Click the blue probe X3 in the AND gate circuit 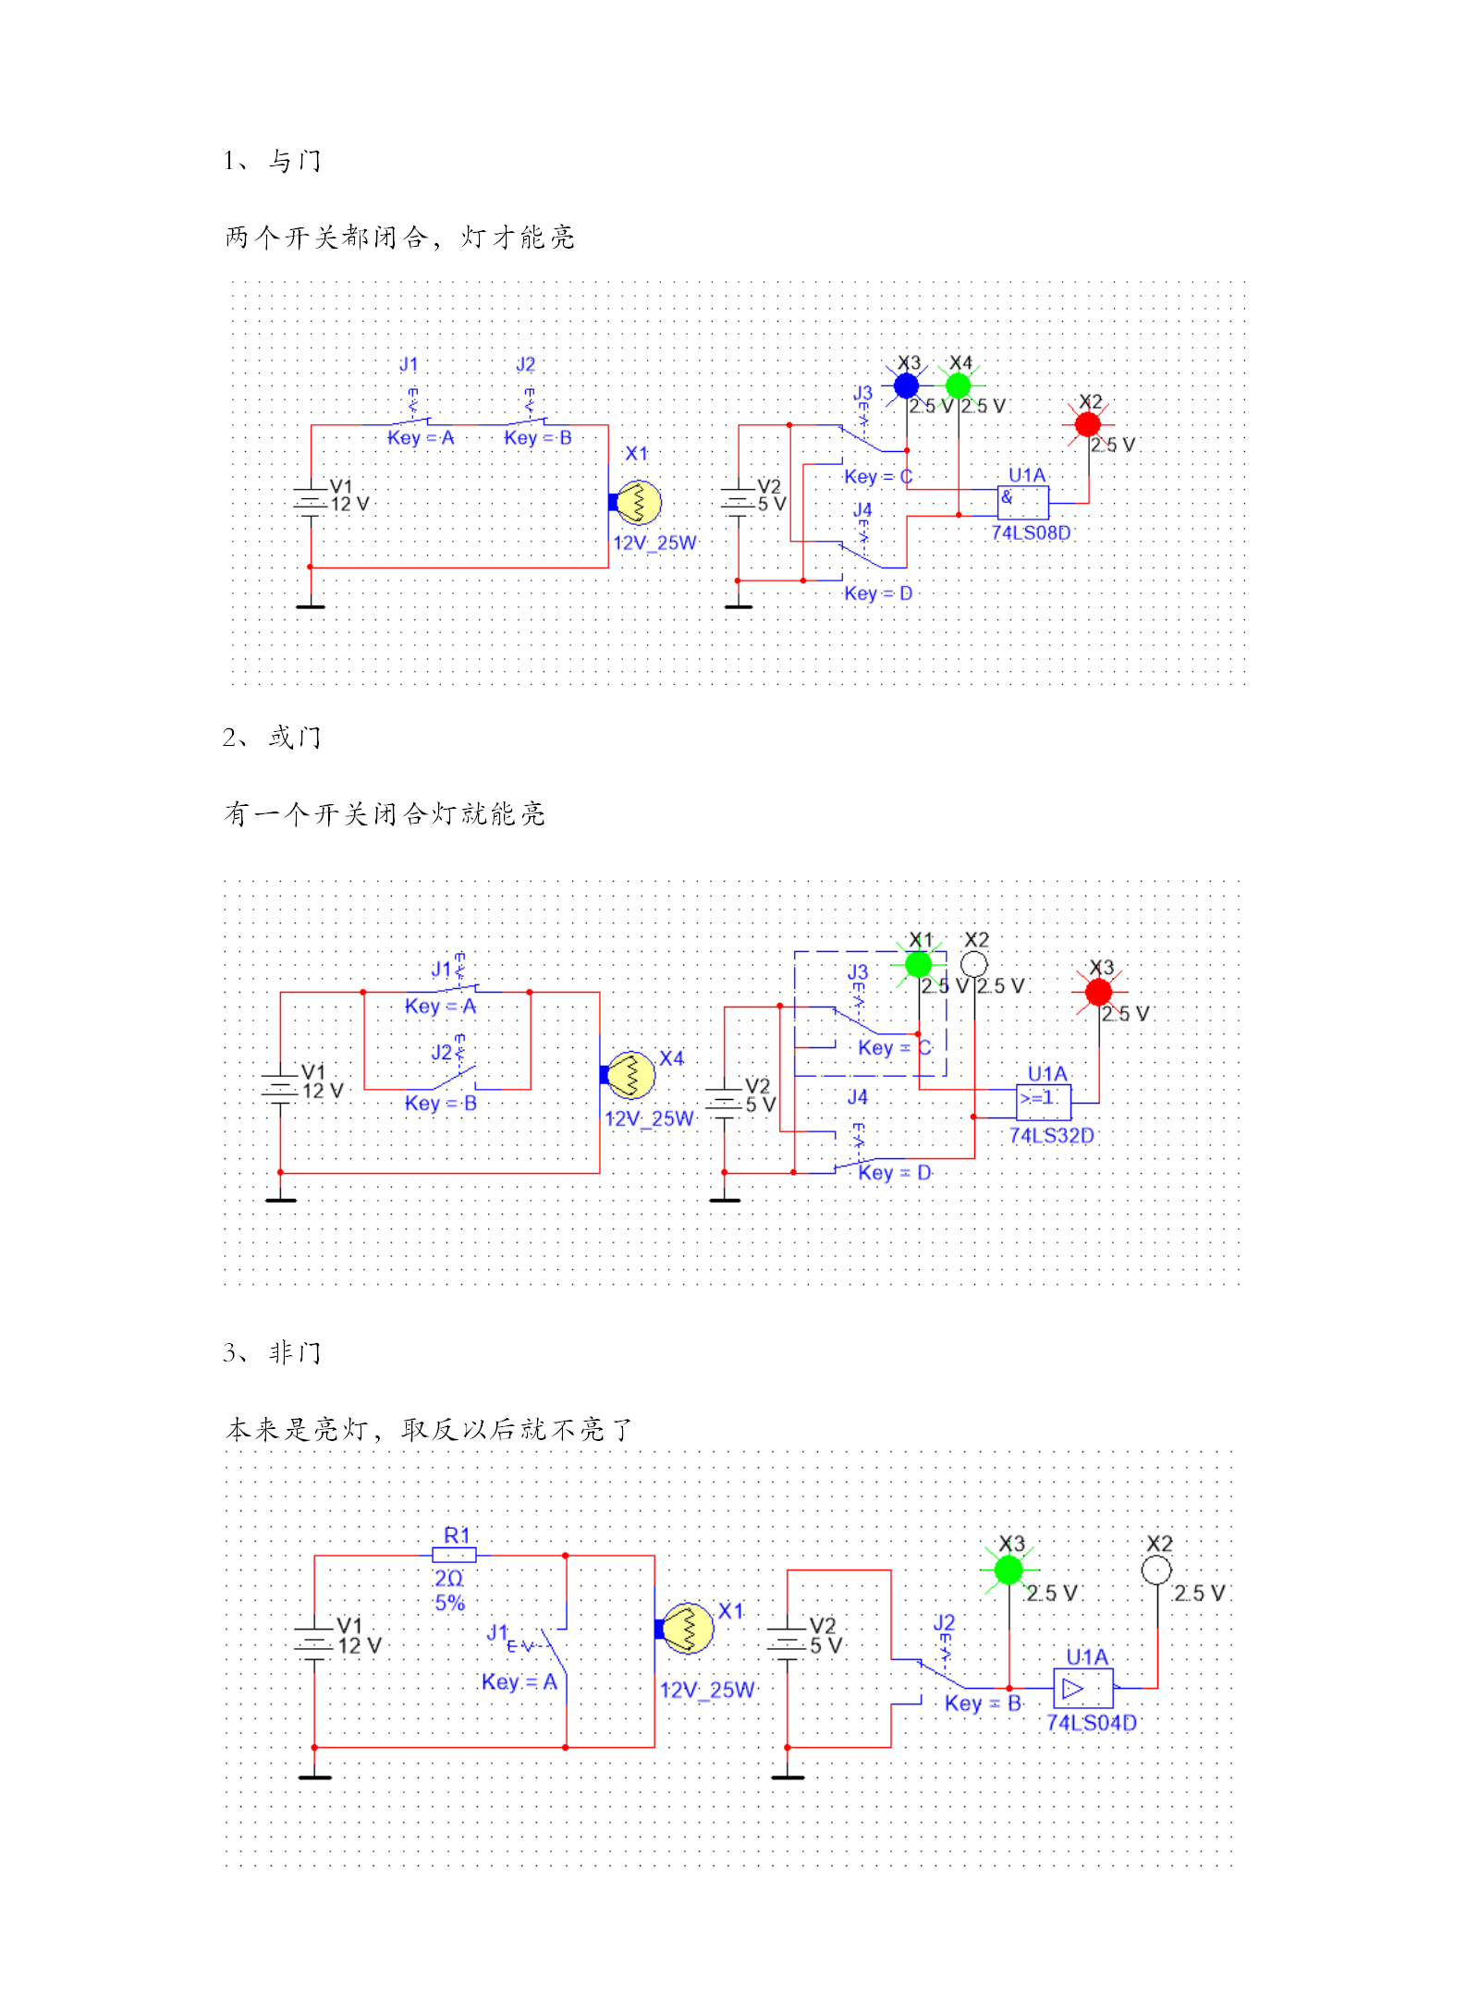906,385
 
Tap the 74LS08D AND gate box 1023,503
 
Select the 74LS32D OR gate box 1044,1102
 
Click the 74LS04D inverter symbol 1083,1689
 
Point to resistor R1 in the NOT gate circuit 454,1555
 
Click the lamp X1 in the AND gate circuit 638,502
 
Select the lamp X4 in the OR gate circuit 630,1074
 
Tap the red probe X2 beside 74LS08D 1088,424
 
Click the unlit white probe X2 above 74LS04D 1156,1569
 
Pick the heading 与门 295,161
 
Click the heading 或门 295,737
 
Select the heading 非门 295,1352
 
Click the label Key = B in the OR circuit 441,1103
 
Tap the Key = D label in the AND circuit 878,593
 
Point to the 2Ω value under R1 448,1579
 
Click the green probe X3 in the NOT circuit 1009,1569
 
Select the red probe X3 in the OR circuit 1098,992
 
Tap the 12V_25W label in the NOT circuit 707,1690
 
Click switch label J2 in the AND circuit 525,365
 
